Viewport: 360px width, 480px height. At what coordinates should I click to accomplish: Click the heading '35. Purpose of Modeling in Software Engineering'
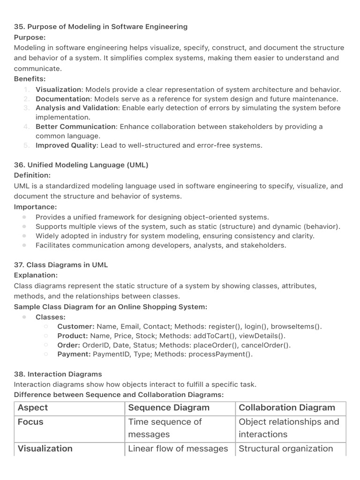pyautogui.click(x=101, y=27)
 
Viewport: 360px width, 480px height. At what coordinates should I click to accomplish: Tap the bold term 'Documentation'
pyautogui.click(x=63, y=99)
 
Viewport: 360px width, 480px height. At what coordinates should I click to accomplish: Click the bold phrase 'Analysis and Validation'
pyautogui.click(x=77, y=108)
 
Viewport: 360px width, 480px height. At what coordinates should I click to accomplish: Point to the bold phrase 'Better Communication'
pyautogui.click(x=75, y=127)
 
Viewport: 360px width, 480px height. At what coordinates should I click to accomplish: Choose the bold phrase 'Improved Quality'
pyautogui.click(x=66, y=145)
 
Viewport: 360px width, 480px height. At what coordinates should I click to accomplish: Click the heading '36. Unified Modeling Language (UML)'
pyautogui.click(x=81, y=165)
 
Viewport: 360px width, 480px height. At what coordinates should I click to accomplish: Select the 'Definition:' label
pyautogui.click(x=32, y=175)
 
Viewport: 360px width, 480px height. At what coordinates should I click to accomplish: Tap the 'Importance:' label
pyautogui.click(x=35, y=207)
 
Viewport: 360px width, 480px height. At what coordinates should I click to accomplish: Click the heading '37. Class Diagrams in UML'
pyautogui.click(x=61, y=265)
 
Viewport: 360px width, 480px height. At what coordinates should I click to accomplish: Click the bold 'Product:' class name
pyautogui.click(x=73, y=336)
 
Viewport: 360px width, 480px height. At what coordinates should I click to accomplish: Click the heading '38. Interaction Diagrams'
pyautogui.click(x=58, y=374)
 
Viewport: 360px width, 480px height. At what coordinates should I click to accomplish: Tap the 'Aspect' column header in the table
pyautogui.click(x=33, y=408)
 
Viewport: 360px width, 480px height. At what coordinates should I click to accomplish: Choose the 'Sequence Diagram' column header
pyautogui.click(x=169, y=408)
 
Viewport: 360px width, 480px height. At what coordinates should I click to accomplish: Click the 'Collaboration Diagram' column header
pyautogui.click(x=287, y=408)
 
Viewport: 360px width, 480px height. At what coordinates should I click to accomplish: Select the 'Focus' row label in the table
pyautogui.click(x=30, y=422)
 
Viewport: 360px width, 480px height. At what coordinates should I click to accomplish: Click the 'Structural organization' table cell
pyautogui.click(x=286, y=449)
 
